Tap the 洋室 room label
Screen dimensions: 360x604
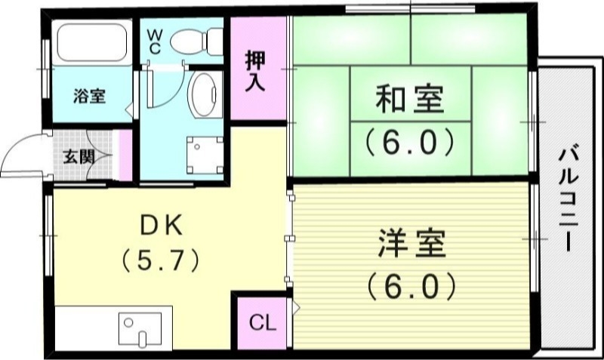411,243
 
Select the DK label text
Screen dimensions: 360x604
160,223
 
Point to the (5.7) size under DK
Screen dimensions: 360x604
160,260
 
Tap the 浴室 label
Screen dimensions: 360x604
89,96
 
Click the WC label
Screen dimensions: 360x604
154,39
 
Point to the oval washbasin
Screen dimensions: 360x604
202,95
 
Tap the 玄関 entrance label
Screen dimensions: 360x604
78,157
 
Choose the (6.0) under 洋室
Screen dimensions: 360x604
411,285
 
